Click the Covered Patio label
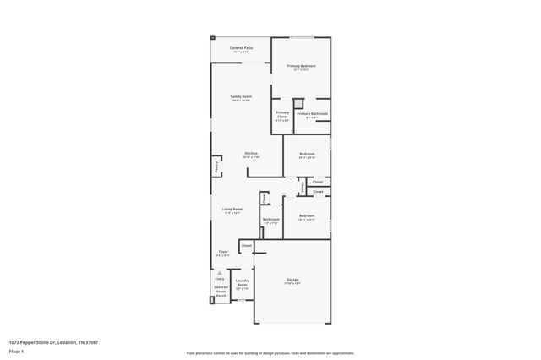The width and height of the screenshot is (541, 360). click(x=241, y=49)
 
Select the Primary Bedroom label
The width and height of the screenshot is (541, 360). click(x=300, y=66)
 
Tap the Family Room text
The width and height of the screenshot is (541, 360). click(x=241, y=97)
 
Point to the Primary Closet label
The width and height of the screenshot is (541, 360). click(x=282, y=114)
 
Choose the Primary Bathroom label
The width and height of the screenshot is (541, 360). click(x=312, y=114)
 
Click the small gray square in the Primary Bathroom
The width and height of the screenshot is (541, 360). click(x=298, y=103)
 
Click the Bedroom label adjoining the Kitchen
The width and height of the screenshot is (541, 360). click(x=307, y=154)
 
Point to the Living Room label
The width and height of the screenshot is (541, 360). click(x=232, y=210)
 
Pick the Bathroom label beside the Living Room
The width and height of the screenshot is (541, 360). click(x=270, y=220)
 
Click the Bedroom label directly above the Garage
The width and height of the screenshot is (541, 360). click(x=307, y=216)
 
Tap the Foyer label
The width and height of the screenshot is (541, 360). click(x=223, y=252)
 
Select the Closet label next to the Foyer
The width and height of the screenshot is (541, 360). click(x=247, y=246)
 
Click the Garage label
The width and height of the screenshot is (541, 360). click(x=292, y=280)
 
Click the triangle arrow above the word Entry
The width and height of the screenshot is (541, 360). click(x=220, y=272)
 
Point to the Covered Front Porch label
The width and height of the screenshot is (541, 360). click(x=221, y=292)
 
